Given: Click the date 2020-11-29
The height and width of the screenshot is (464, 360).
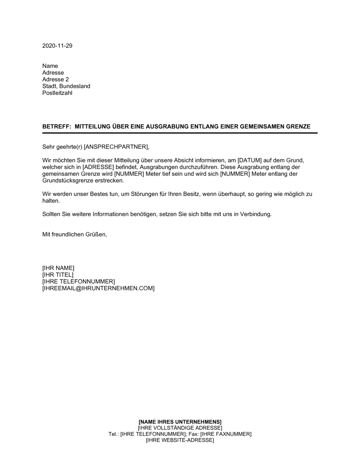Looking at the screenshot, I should click(57, 46).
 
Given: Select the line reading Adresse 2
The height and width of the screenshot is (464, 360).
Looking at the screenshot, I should click(55, 79).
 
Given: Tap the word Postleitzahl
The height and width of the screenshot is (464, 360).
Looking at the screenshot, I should click(57, 93).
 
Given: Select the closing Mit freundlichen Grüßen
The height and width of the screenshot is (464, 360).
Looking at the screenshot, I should click(75, 234).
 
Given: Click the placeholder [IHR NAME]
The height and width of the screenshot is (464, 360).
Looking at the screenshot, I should click(58, 268).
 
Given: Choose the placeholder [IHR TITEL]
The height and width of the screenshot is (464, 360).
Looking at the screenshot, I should click(58, 275).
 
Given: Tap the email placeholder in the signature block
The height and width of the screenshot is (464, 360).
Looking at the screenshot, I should click(98, 288).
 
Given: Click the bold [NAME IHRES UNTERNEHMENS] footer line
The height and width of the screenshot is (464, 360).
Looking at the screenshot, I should click(180, 422).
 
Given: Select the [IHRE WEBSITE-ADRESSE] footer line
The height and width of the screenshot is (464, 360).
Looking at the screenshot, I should click(180, 440).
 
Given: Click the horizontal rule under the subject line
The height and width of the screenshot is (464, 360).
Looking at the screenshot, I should click(180, 133).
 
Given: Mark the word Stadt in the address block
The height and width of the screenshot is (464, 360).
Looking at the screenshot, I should click(50, 86).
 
